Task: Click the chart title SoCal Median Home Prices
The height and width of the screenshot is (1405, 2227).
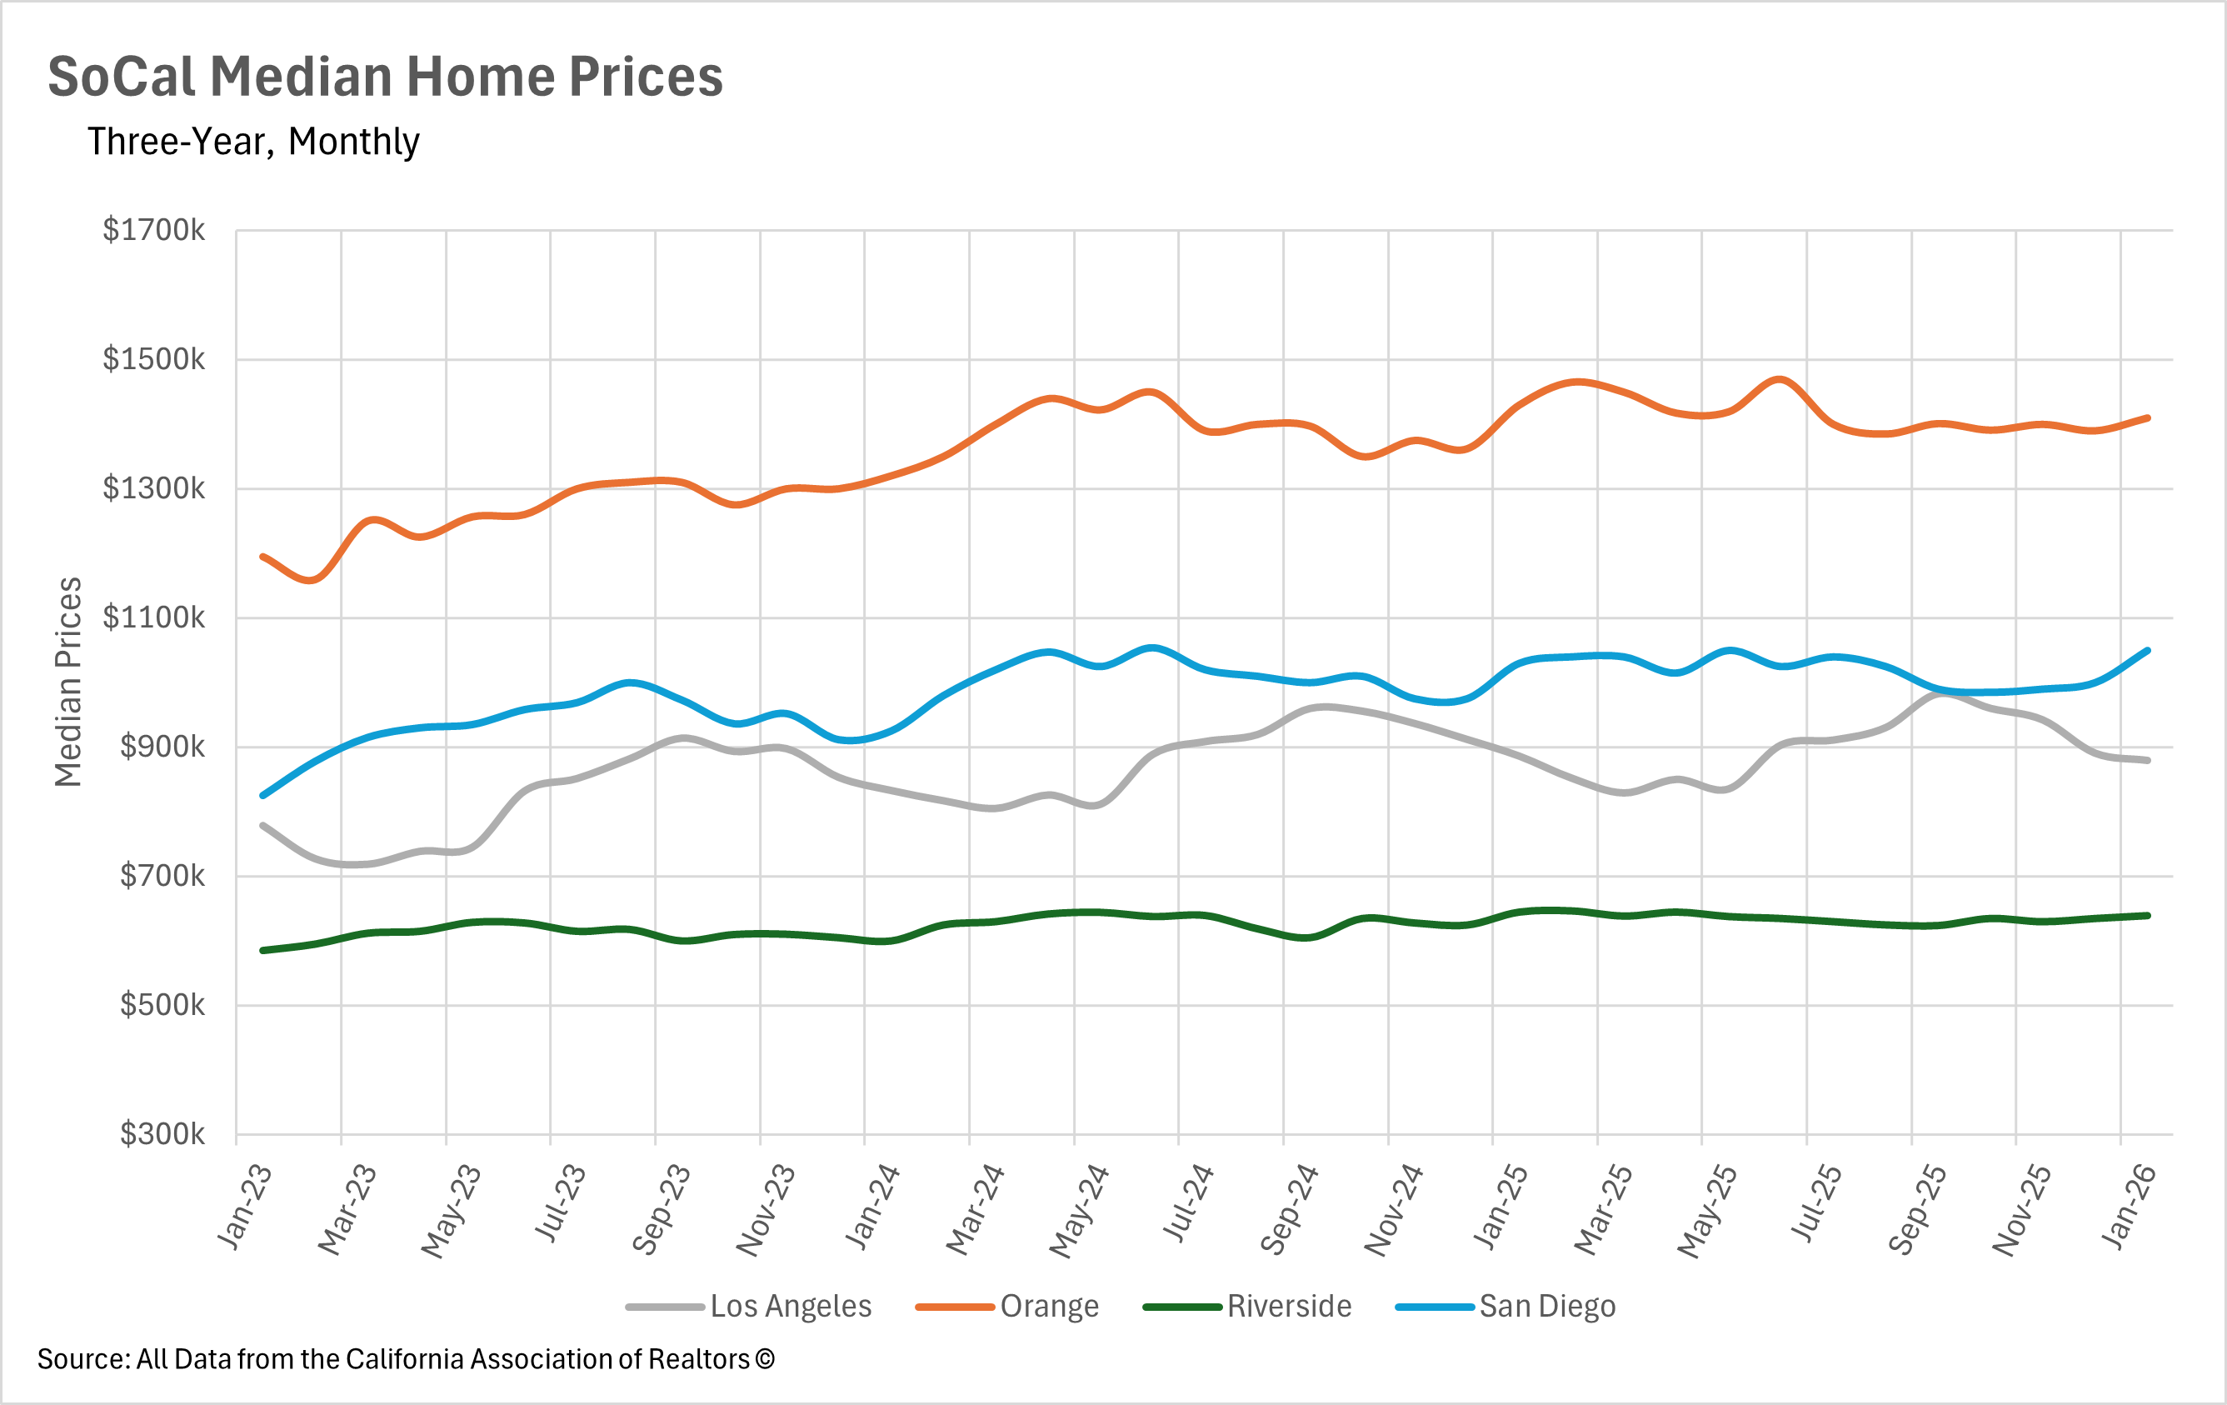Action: [x=385, y=76]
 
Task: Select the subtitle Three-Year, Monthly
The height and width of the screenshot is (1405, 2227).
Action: [x=253, y=142]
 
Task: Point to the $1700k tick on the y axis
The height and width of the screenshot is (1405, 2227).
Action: [x=153, y=229]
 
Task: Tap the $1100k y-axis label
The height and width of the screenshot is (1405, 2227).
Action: [x=153, y=617]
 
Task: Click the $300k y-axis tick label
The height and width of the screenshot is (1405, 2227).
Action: [x=162, y=1134]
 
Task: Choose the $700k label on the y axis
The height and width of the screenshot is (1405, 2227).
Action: [x=162, y=875]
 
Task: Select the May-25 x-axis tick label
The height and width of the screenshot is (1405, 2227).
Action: [x=1708, y=1211]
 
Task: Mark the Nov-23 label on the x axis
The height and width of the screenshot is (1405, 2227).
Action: [x=766, y=1211]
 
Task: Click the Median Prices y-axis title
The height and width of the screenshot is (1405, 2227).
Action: [x=68, y=682]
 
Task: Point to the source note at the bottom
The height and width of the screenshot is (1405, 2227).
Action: [x=405, y=1359]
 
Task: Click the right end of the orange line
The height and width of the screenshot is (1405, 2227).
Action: [x=2148, y=418]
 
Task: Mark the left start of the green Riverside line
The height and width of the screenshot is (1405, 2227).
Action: [x=263, y=950]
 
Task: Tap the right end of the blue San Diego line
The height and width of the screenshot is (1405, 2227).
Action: [x=2148, y=650]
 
